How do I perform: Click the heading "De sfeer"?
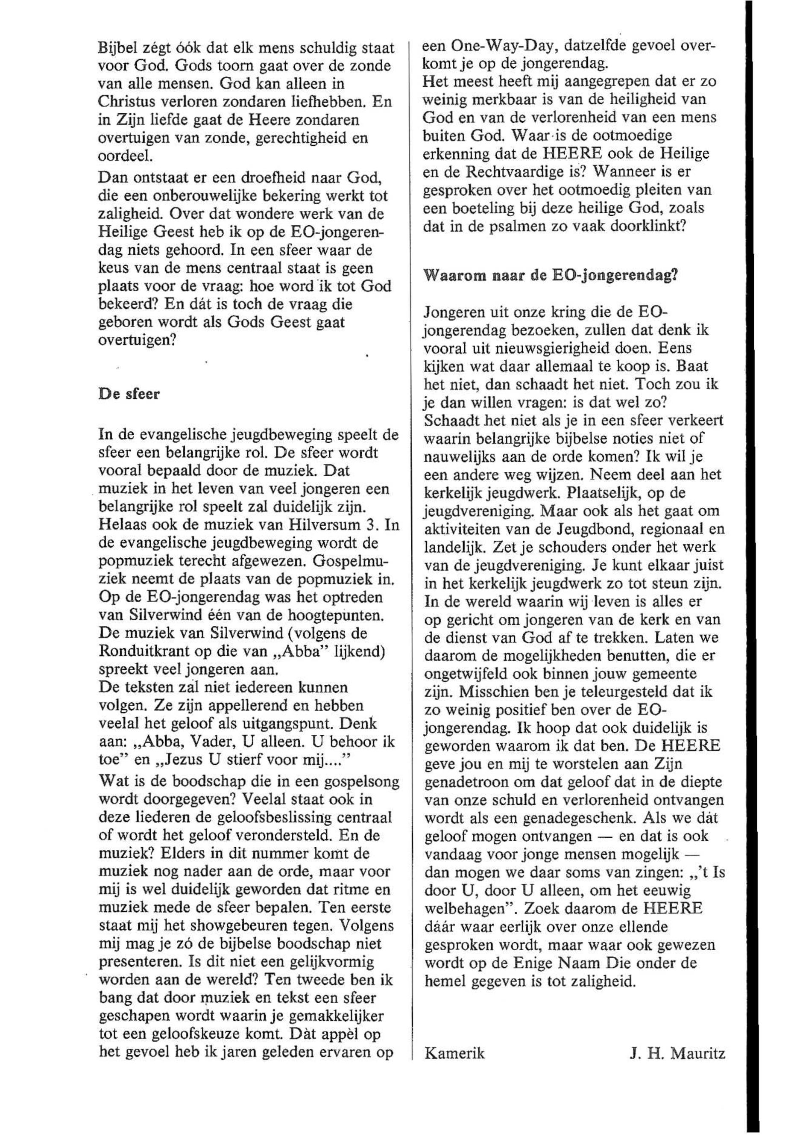tap(129, 395)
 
